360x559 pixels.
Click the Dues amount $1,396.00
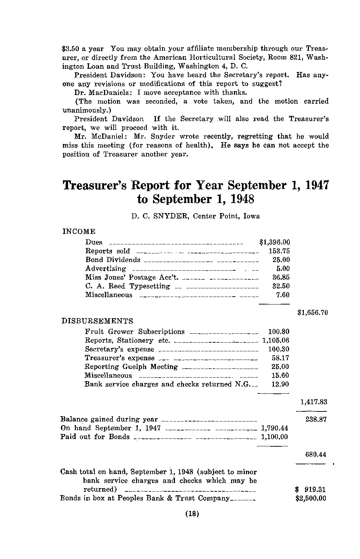pyautogui.click(x=274, y=242)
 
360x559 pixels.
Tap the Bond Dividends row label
pyautogui.click(x=113, y=260)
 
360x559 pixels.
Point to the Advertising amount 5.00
pyautogui.click(x=283, y=269)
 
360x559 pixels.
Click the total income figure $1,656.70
pyautogui.click(x=312, y=313)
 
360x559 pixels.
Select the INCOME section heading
pyautogui.click(x=79, y=231)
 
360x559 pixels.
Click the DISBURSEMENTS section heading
pyautogui.click(x=97, y=321)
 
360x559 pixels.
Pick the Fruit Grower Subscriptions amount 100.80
pyautogui.click(x=279, y=332)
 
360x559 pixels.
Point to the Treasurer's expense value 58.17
pyautogui.click(x=280, y=358)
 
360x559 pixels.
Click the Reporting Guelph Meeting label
pyautogui.click(x=131, y=367)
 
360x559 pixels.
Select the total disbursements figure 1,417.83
pyautogui.click(x=314, y=402)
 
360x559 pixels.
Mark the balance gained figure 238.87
pyautogui.click(x=316, y=419)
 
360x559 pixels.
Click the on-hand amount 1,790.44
pyautogui.click(x=274, y=428)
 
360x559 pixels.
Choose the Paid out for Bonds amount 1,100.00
pyautogui.click(x=274, y=437)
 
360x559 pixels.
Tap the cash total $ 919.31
pyautogui.click(x=310, y=490)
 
